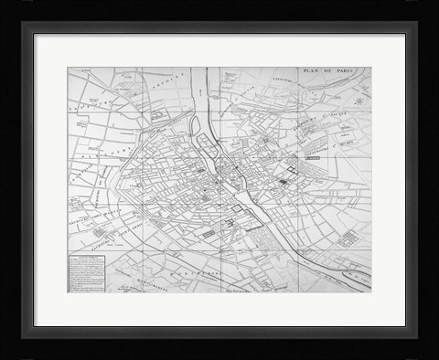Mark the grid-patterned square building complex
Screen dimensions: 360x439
click(347, 239)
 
